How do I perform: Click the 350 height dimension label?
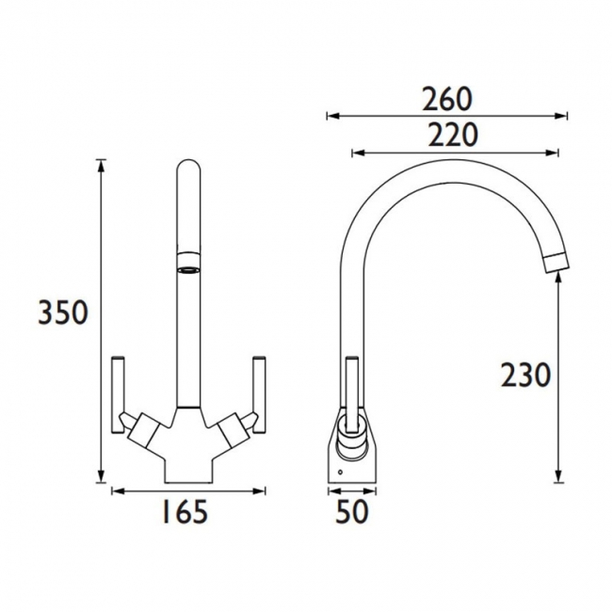coord(63,312)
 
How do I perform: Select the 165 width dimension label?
coord(185,511)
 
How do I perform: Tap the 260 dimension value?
coord(447,99)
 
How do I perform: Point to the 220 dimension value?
coord(453,135)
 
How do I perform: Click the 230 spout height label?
coord(525,375)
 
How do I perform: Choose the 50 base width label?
coord(352,511)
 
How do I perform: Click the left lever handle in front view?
coord(119,395)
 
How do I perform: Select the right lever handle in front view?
coord(259,395)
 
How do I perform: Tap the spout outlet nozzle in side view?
coord(557,262)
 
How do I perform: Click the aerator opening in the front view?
coord(188,269)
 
